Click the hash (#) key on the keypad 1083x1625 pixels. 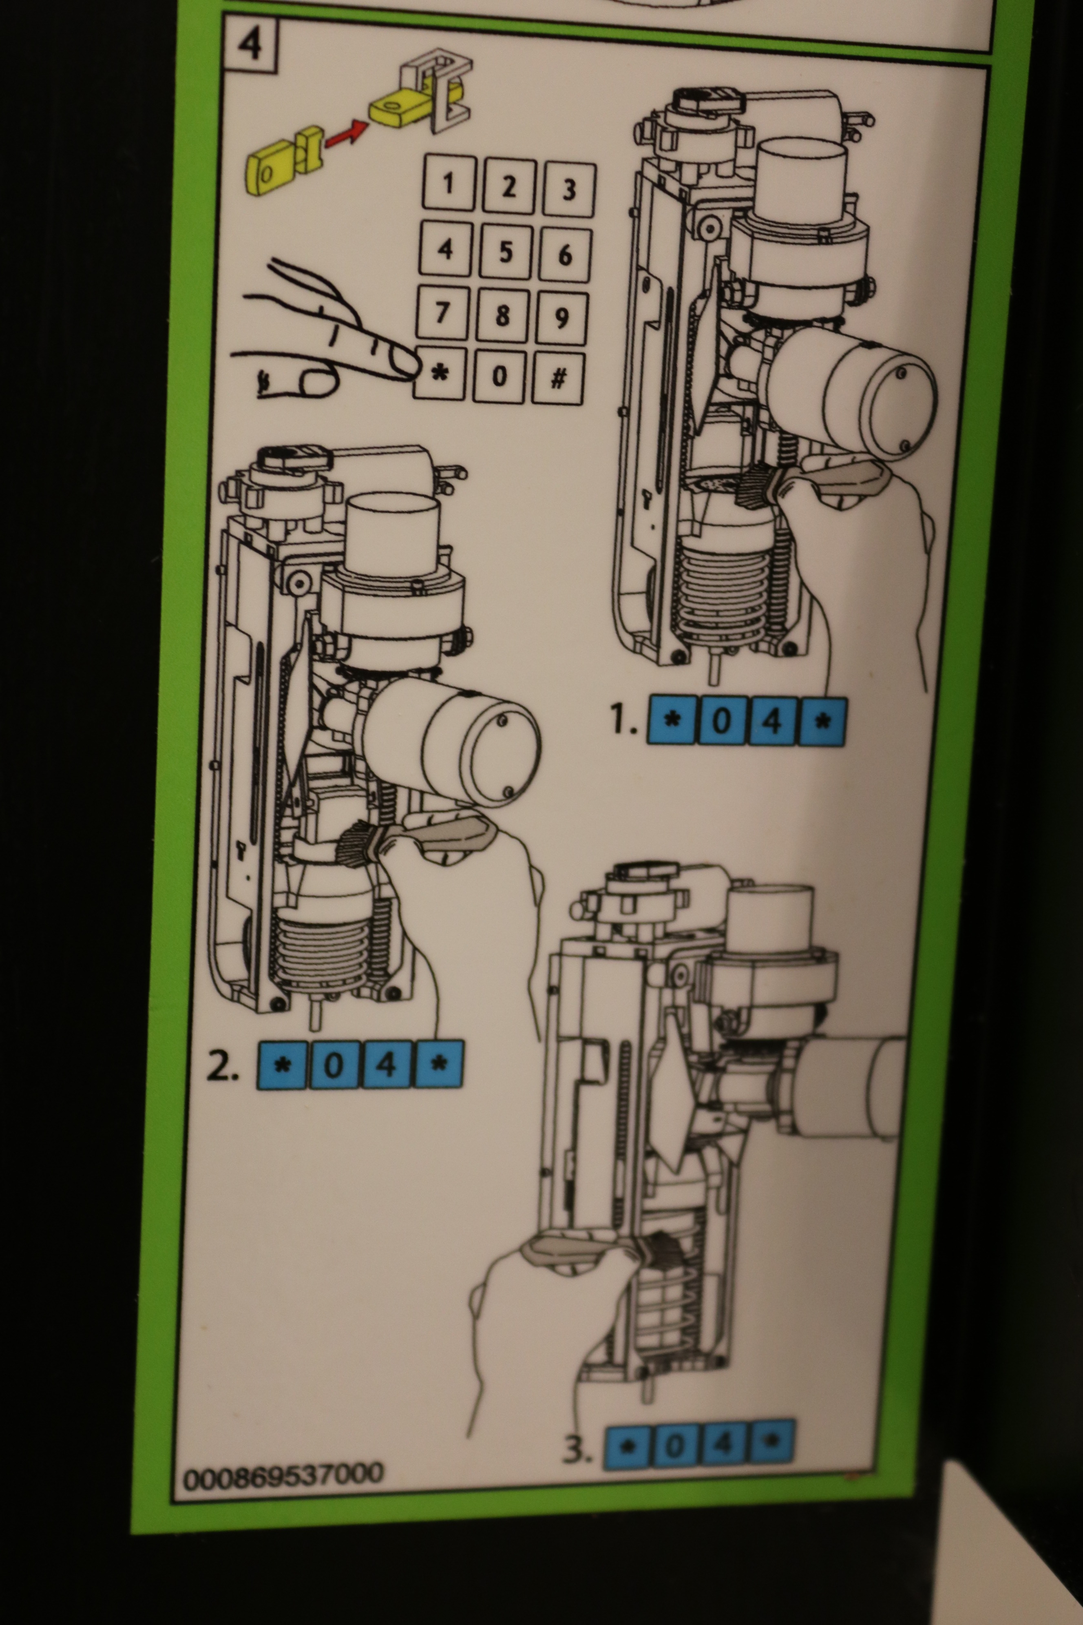558,379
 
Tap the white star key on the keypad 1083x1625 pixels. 439,374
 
